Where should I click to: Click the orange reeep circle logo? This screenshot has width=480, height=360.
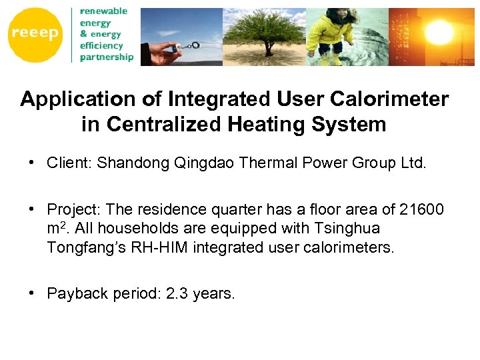[x=35, y=33]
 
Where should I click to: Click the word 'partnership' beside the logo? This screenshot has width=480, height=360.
[x=107, y=57]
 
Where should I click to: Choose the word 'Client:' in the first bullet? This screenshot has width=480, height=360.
[x=70, y=163]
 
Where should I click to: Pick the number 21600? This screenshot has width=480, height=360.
[x=421, y=210]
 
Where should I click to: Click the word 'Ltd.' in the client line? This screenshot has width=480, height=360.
[x=411, y=163]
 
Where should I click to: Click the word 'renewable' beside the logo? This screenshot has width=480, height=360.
[x=103, y=11]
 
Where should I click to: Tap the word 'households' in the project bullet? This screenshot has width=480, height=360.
[x=133, y=229]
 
